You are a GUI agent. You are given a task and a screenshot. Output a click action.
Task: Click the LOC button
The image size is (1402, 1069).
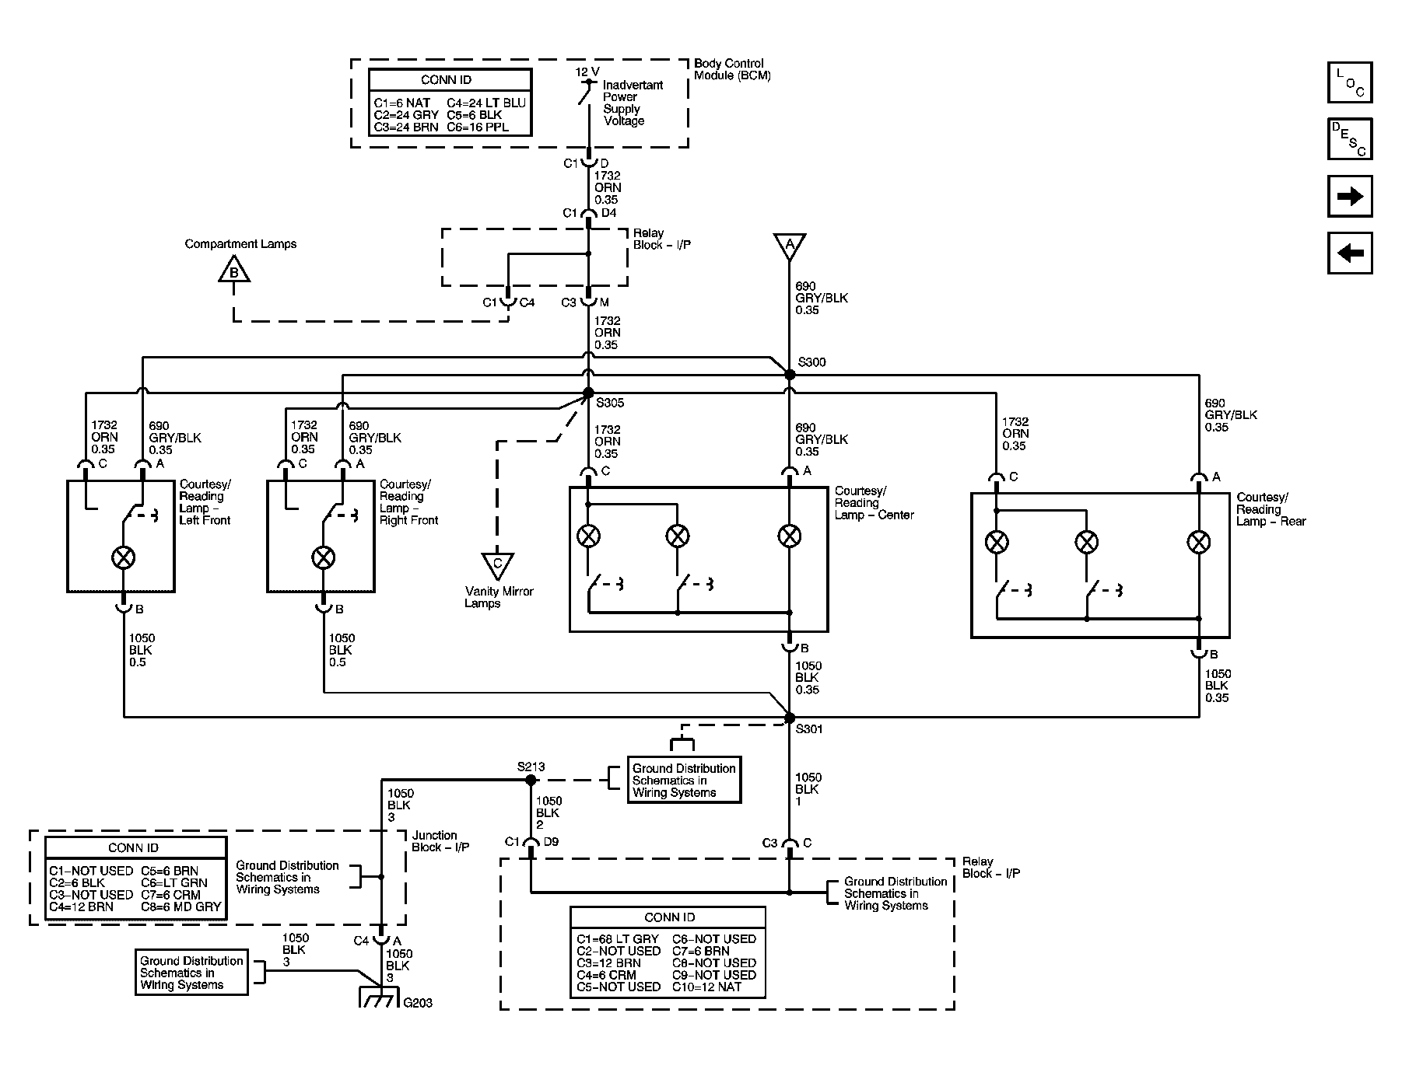pos(1350,82)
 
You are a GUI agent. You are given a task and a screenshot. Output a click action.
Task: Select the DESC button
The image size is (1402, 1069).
pos(1350,139)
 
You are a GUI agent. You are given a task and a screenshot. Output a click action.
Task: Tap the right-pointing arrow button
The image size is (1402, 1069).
pos(1350,196)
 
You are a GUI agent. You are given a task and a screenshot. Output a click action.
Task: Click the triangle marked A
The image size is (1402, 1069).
pos(790,245)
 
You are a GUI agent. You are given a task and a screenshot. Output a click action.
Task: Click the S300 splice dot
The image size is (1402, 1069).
pos(790,375)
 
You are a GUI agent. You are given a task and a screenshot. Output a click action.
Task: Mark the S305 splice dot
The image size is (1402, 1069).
pos(588,393)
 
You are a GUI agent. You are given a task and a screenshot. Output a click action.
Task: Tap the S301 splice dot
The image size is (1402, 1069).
pos(790,718)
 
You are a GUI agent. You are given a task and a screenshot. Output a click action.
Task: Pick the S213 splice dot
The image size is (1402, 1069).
pos(531,779)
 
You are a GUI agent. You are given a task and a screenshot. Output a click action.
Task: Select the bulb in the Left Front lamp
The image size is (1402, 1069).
pos(124,557)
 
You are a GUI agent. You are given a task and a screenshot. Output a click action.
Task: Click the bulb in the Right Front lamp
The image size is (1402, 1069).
pos(324,557)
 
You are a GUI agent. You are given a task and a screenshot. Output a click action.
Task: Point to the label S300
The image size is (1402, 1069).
pos(812,362)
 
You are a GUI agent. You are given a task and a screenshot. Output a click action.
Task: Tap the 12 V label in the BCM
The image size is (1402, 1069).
pos(587,72)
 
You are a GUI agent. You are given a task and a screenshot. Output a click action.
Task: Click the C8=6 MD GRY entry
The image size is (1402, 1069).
pos(181,907)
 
